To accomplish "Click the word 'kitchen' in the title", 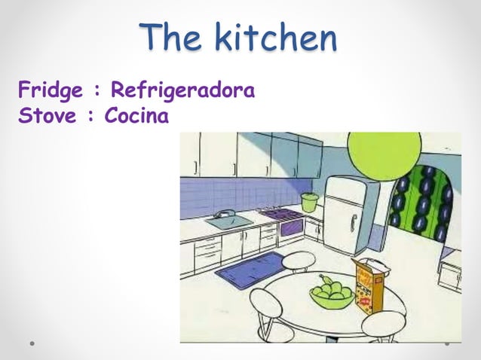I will tap(274, 38).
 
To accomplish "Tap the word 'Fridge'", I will tap(51, 93).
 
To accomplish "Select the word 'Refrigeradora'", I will tap(182, 92).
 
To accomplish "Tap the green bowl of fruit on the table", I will tap(330, 293).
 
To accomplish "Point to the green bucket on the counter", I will tap(309, 201).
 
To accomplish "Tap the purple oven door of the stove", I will tap(291, 228).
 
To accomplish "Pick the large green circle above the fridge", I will tap(384, 154).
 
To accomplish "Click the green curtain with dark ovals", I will tap(421, 203).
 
